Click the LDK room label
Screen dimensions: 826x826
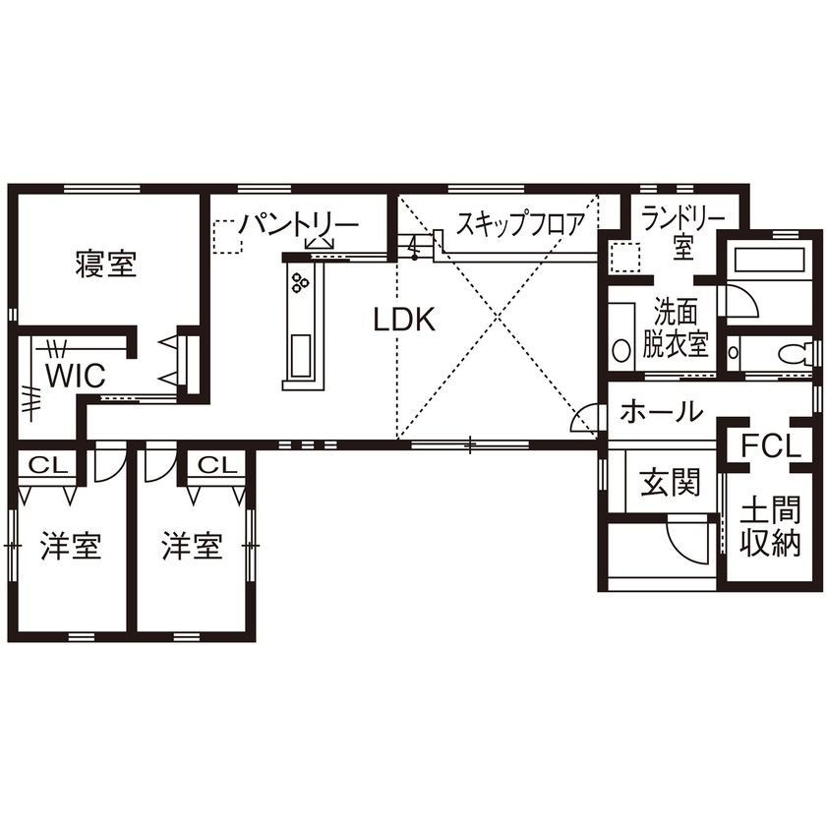click(x=403, y=320)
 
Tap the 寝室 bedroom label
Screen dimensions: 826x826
click(x=105, y=264)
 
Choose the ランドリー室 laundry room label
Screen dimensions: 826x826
click(x=684, y=232)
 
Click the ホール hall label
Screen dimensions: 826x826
click(x=662, y=411)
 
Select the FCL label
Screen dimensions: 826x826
click(x=771, y=445)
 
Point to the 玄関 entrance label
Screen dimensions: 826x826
click(x=671, y=483)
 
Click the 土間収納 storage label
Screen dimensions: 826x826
click(x=770, y=529)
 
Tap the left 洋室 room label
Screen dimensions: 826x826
click(x=71, y=546)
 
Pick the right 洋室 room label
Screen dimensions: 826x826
click(x=192, y=546)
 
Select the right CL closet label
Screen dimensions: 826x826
click(x=213, y=463)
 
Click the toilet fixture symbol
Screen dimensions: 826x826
click(x=793, y=352)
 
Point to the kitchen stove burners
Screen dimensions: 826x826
click(x=299, y=284)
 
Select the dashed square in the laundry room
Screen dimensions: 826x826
click(x=624, y=258)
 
